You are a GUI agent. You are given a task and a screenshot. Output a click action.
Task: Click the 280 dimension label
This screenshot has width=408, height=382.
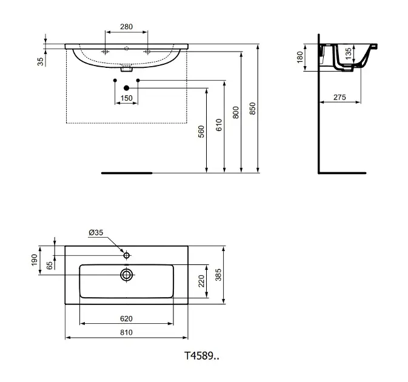pyautogui.click(x=126, y=27)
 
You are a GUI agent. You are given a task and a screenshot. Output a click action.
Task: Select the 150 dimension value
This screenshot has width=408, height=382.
pyautogui.click(x=126, y=98)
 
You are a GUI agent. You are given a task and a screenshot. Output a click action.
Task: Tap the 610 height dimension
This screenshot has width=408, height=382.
pyautogui.click(x=219, y=126)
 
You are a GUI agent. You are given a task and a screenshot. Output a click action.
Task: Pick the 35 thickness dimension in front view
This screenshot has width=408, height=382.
pyautogui.click(x=41, y=61)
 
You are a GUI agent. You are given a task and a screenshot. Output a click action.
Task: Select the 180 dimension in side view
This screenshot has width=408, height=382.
pyautogui.click(x=299, y=57)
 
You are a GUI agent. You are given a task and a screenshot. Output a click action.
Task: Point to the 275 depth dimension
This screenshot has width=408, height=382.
pyautogui.click(x=339, y=98)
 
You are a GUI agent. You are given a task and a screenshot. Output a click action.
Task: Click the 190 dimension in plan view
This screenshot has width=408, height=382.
pyautogui.click(x=34, y=260)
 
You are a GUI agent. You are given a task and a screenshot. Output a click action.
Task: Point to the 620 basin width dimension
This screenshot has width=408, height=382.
pyautogui.click(x=126, y=318)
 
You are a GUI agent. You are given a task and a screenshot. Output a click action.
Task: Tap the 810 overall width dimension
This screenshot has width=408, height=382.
pyautogui.click(x=126, y=332)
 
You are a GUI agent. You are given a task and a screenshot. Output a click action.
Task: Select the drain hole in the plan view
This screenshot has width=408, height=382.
pyautogui.click(x=127, y=275)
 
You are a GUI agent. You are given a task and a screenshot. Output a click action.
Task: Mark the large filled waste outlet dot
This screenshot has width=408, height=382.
pyautogui.click(x=126, y=89)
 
